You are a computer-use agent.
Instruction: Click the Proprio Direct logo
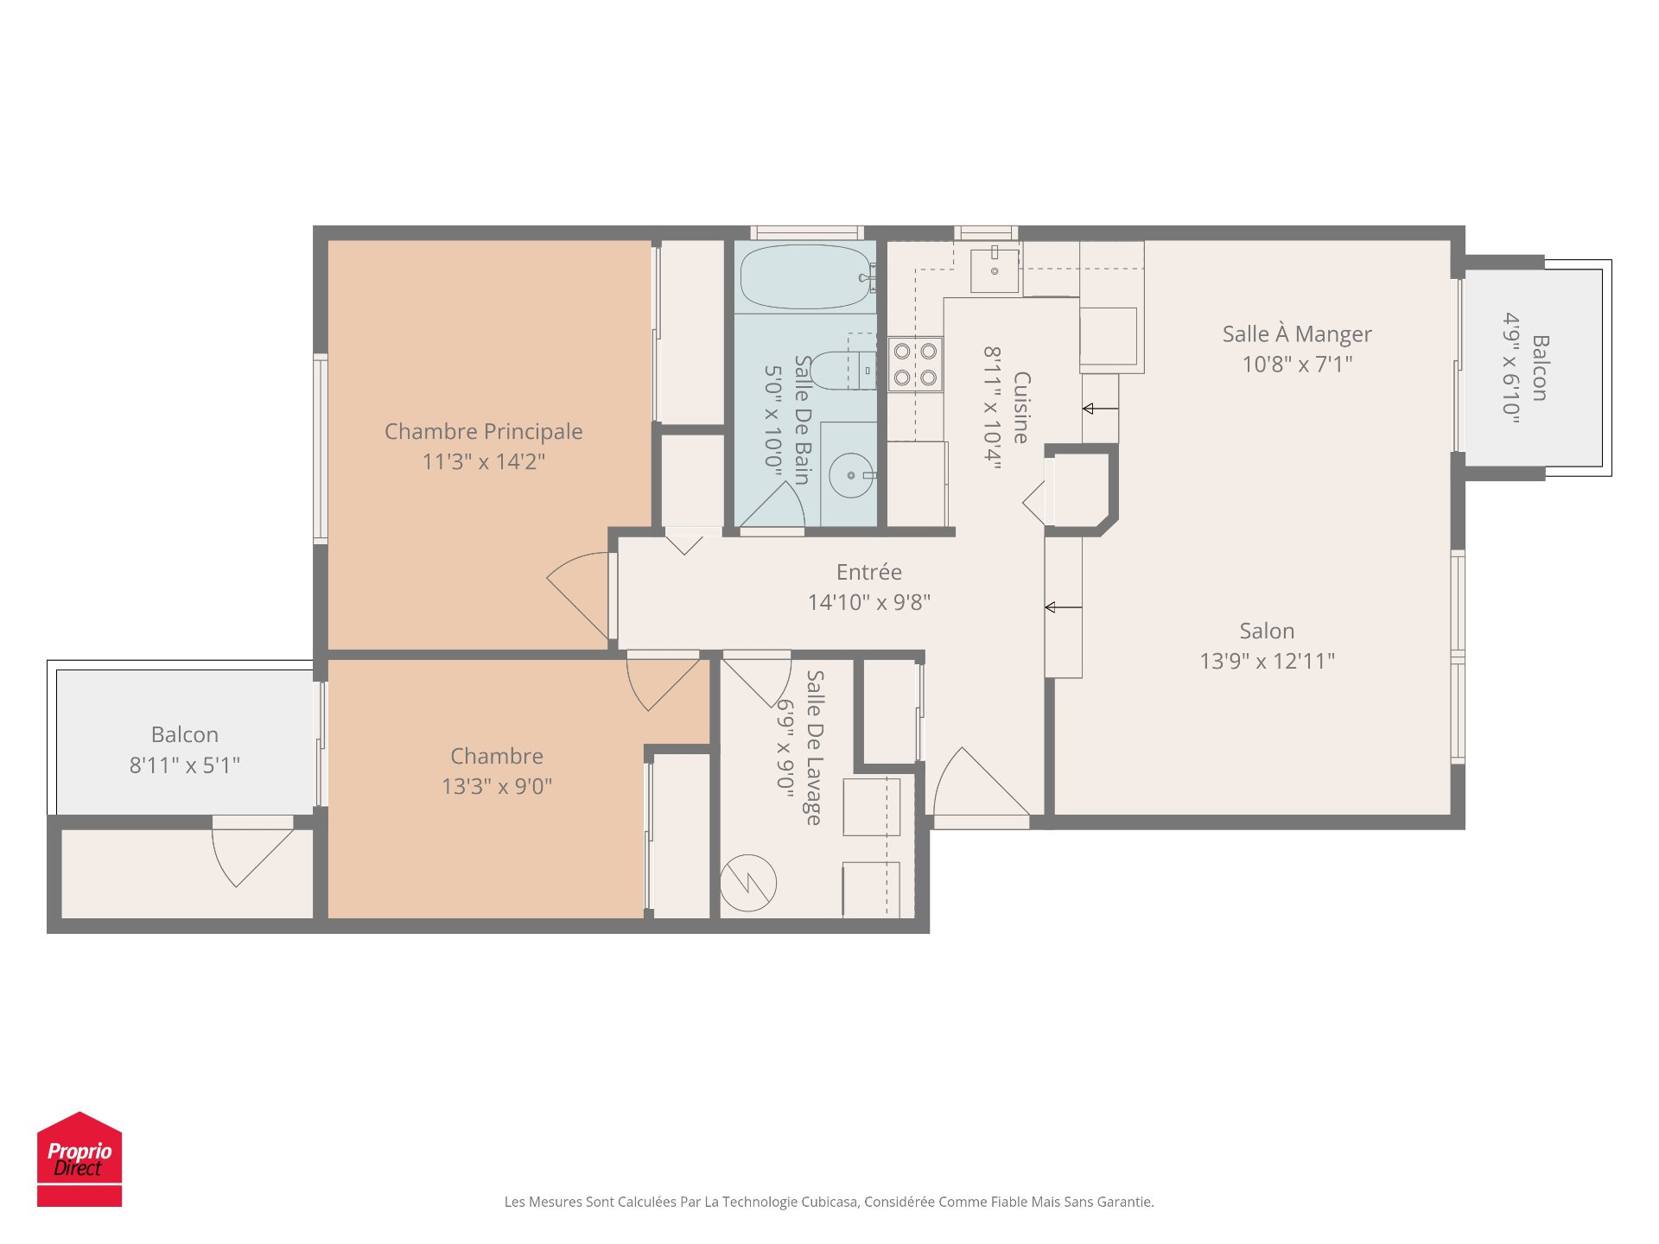pyautogui.click(x=79, y=1158)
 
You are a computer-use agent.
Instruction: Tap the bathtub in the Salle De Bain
pyautogui.click(x=806, y=277)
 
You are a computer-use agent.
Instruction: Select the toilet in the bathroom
pyautogui.click(x=843, y=370)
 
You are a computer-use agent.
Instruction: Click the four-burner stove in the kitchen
pyautogui.click(x=915, y=364)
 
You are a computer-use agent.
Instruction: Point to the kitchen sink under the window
pyautogui.click(x=995, y=270)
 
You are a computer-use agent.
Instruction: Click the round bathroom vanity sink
pyautogui.click(x=851, y=475)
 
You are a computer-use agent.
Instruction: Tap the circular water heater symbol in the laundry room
pyautogui.click(x=748, y=883)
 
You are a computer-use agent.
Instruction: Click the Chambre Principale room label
pyautogui.click(x=484, y=431)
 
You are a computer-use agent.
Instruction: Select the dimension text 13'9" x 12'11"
pyautogui.click(x=1268, y=661)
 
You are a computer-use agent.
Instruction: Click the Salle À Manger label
pyautogui.click(x=1297, y=334)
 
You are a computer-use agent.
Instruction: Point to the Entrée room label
pyautogui.click(x=869, y=572)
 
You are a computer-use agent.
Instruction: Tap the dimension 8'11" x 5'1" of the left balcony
pyautogui.click(x=185, y=765)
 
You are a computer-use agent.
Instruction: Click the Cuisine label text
pyautogui.click(x=1021, y=408)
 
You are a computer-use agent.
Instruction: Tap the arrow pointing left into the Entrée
pyautogui.click(x=1064, y=607)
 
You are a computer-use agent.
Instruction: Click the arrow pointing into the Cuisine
pyautogui.click(x=1101, y=409)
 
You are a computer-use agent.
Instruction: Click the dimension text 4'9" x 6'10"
pyautogui.click(x=1510, y=368)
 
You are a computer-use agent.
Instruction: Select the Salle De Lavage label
pyautogui.click(x=814, y=747)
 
